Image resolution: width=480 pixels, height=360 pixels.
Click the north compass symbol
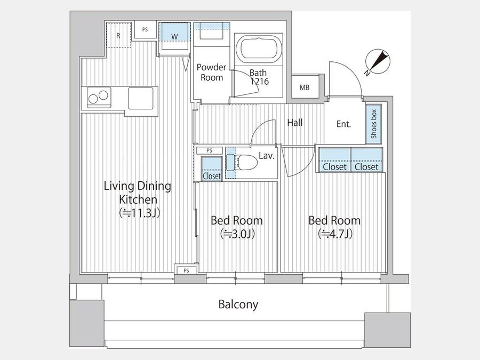tap(378, 63)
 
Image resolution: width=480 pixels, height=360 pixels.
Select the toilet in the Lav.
tap(244, 162)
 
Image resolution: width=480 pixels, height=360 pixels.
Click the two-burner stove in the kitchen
tap(99, 97)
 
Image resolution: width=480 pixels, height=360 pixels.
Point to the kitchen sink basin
tap(140, 98)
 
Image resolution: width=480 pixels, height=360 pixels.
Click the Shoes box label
tap(374, 124)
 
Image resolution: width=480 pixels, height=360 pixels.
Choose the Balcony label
tap(238, 305)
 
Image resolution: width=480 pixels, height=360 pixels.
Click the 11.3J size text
tap(140, 213)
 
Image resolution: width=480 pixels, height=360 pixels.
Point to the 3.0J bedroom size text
tap(237, 234)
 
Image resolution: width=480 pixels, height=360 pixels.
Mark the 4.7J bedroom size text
tap(335, 234)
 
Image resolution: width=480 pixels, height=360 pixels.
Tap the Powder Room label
tap(211, 72)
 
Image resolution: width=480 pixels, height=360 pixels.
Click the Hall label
tap(295, 123)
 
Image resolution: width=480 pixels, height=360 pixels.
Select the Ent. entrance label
tap(343, 124)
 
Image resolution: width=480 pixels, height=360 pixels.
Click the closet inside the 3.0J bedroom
tap(212, 169)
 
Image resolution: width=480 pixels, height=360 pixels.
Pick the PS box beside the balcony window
tap(186, 270)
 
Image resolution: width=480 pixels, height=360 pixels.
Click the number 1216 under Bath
tap(260, 82)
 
